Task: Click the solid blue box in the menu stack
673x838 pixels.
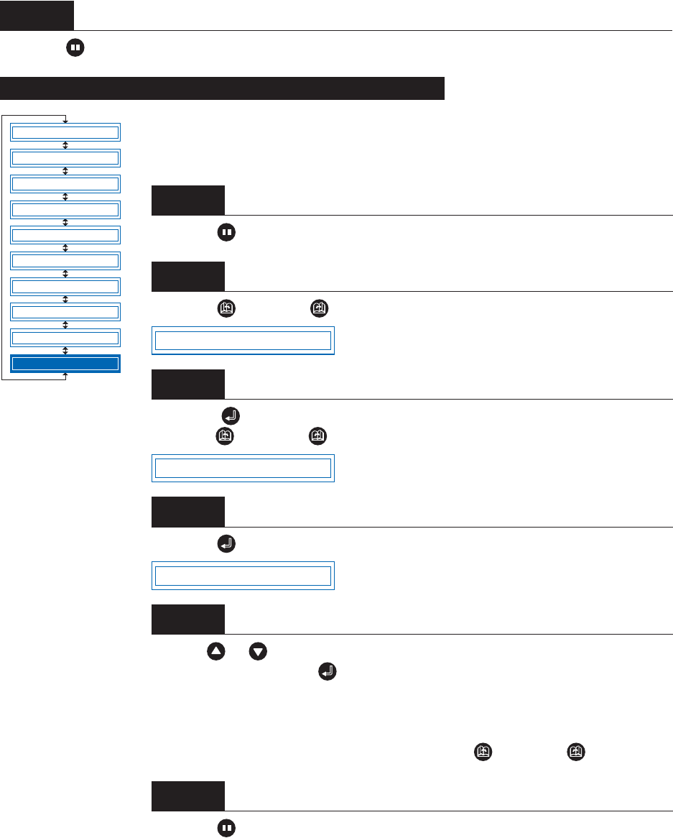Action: click(x=65, y=364)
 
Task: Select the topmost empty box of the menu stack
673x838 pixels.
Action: click(x=65, y=132)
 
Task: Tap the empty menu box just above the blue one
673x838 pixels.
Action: click(x=65, y=338)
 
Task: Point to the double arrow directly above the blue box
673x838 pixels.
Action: click(x=65, y=351)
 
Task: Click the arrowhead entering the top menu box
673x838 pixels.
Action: click(x=65, y=120)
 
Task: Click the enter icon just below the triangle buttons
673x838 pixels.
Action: click(x=327, y=673)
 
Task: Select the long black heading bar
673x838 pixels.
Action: click(x=223, y=89)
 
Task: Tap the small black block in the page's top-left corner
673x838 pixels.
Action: click(x=37, y=15)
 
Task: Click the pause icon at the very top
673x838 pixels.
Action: click(x=75, y=48)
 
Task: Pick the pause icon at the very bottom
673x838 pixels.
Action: click(x=226, y=829)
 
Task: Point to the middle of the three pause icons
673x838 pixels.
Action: click(x=226, y=234)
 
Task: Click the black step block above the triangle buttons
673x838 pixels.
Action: click(x=187, y=619)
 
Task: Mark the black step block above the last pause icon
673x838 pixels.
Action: click(x=187, y=796)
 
